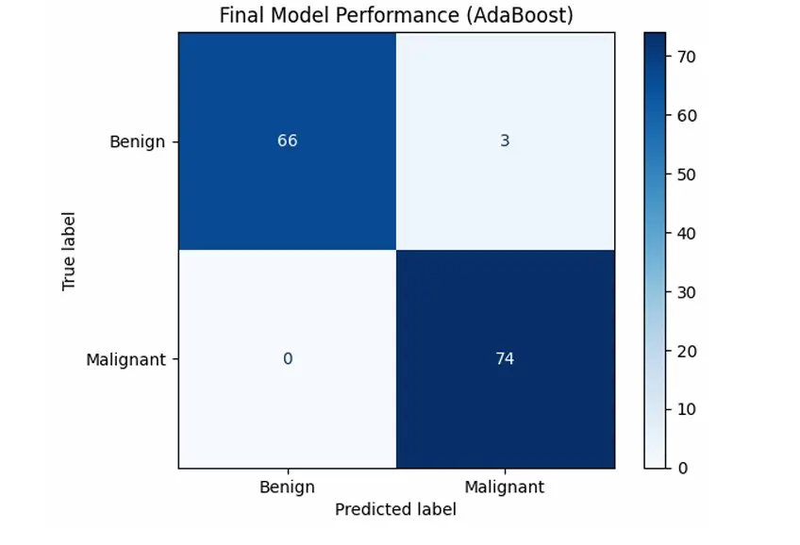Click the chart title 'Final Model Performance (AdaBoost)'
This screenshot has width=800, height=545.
[396, 16]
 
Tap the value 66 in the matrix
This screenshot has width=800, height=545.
[287, 140]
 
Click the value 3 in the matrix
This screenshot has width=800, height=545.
[506, 140]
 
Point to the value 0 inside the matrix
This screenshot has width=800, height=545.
[287, 358]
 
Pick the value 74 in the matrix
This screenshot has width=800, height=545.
[506, 358]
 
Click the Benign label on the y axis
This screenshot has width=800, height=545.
[137, 142]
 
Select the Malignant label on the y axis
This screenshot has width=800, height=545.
[125, 359]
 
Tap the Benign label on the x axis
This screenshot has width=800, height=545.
[287, 487]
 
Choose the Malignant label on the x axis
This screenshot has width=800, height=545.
[505, 487]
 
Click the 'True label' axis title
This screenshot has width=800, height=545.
[69, 250]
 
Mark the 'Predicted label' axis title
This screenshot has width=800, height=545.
[395, 509]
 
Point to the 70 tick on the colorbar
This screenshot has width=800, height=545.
[686, 57]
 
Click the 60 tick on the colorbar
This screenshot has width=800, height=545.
[686, 115]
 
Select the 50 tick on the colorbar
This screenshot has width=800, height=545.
[686, 174]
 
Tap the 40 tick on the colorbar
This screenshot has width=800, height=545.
[686, 233]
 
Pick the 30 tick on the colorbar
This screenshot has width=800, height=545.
[686, 292]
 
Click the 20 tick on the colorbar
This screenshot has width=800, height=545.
[686, 351]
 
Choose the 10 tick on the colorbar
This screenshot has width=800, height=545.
[686, 409]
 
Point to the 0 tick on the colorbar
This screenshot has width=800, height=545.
[682, 469]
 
